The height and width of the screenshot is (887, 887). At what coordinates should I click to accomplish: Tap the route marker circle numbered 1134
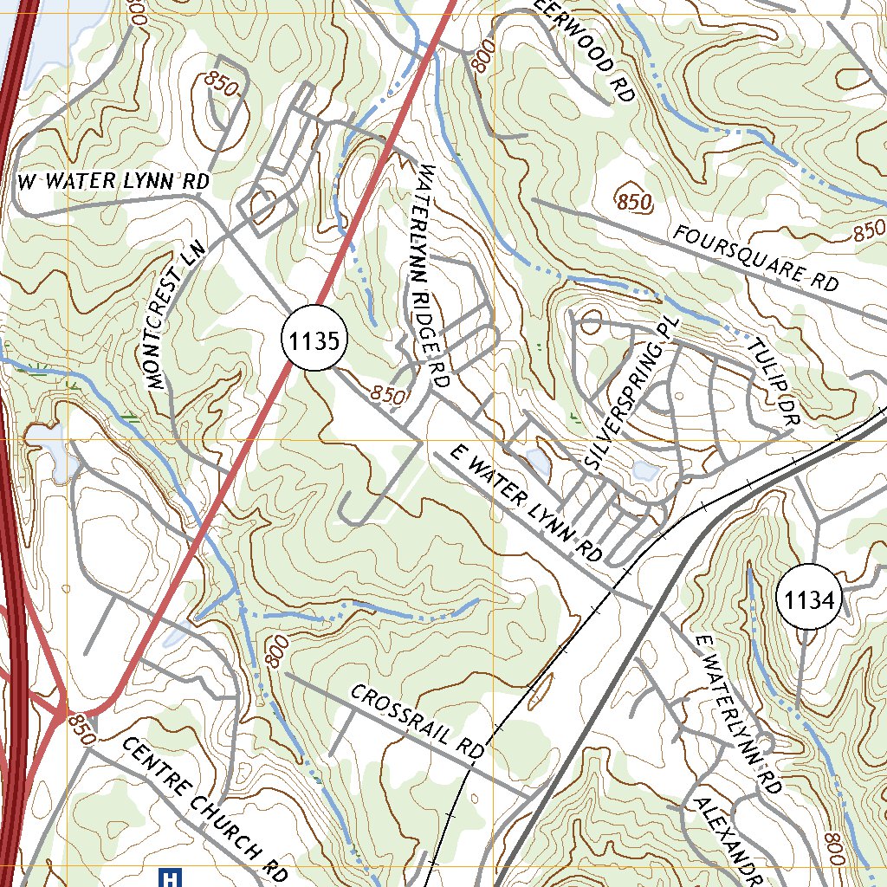pyautogui.click(x=809, y=599)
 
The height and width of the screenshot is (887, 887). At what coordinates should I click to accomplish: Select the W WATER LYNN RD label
pyautogui.click(x=114, y=182)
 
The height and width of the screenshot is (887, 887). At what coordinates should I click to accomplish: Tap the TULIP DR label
pyautogui.click(x=774, y=381)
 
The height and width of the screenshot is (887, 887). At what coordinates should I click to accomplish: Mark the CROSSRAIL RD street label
pyautogui.click(x=417, y=723)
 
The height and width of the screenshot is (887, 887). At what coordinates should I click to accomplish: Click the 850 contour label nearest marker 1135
pyautogui.click(x=388, y=395)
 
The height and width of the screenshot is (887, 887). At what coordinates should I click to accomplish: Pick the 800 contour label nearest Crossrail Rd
pyautogui.click(x=275, y=651)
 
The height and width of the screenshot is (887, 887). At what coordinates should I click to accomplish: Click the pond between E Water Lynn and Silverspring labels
pyautogui.click(x=537, y=461)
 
